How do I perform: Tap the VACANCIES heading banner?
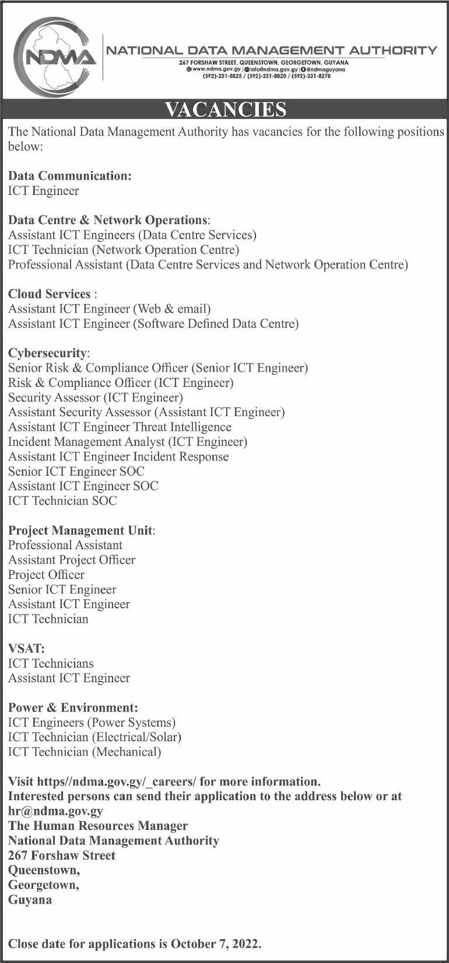224,110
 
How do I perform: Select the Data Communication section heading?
70,176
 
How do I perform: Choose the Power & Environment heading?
73,707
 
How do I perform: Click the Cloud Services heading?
50,294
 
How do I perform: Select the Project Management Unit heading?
81,531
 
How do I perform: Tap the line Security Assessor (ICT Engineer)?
96,397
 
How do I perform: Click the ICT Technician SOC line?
62,501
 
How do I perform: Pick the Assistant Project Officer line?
72,560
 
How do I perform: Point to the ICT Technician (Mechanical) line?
85,752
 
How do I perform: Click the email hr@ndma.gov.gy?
55,811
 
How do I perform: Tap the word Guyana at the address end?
30,899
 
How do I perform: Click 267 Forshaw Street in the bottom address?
62,855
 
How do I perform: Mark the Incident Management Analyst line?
128,442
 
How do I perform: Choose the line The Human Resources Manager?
98,826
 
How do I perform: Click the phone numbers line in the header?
266,76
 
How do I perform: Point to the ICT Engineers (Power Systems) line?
92,723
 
